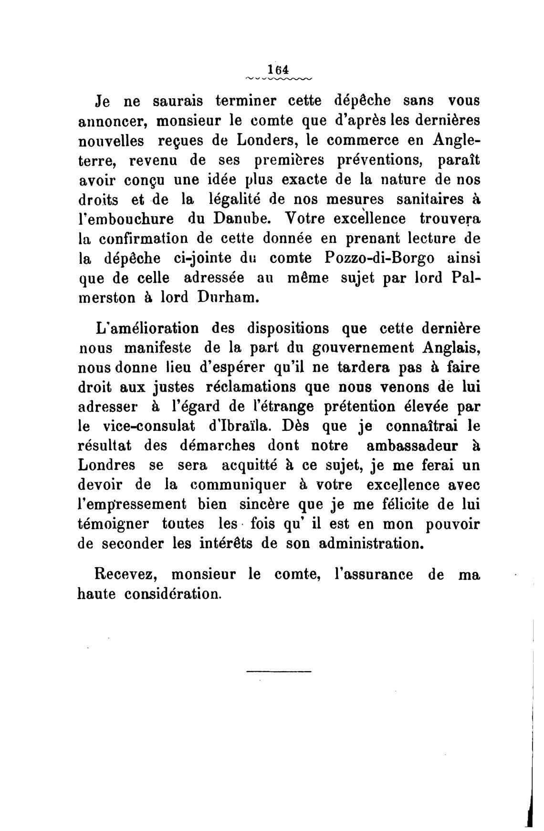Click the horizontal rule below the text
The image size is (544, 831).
pos(279,672)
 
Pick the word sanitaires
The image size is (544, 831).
pos(420,199)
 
